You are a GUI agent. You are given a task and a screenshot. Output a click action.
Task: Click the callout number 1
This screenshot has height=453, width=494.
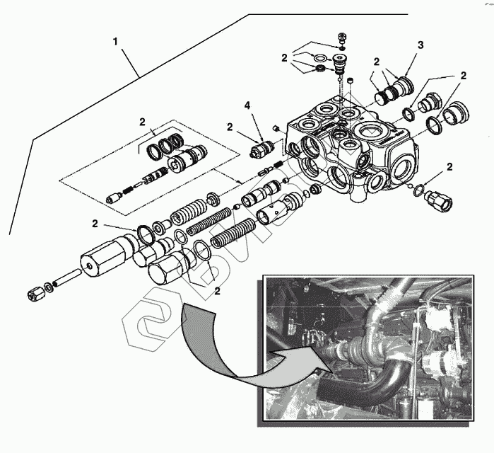[115, 42]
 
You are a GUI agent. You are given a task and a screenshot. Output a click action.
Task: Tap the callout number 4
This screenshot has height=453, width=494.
[247, 106]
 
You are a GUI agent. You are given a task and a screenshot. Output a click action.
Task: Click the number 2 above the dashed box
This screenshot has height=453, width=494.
[141, 122]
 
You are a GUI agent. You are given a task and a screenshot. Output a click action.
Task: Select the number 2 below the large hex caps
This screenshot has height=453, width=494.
[218, 290]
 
